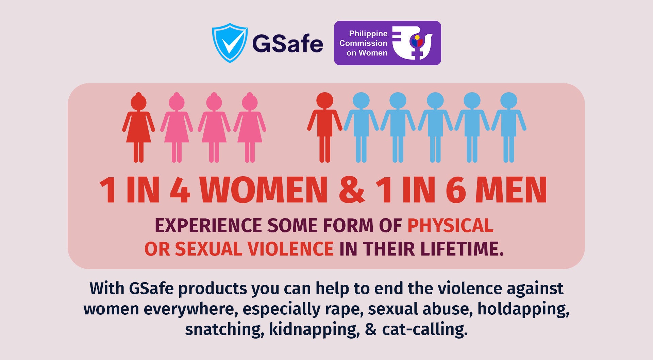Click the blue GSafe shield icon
(230, 43)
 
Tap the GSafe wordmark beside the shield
(287, 44)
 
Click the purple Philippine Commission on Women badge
(387, 43)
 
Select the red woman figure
(138, 128)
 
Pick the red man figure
(325, 128)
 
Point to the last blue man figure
(509, 128)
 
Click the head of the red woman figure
(138, 102)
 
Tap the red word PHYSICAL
(450, 226)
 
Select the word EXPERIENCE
(208, 226)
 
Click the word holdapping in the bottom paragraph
(523, 309)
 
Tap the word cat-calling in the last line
(425, 329)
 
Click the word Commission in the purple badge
(363, 43)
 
